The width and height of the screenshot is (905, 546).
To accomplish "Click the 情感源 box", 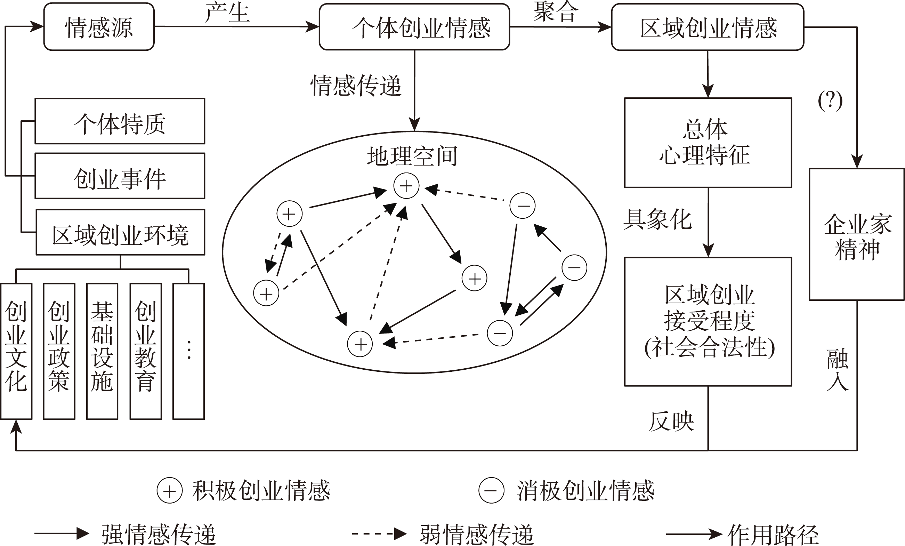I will (x=99, y=27).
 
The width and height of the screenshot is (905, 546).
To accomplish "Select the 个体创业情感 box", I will (x=414, y=27).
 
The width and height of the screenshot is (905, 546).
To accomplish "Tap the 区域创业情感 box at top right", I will (x=708, y=27).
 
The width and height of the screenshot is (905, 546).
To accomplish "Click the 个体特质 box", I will (x=120, y=121).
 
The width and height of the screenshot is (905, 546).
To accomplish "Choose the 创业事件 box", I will (x=120, y=176).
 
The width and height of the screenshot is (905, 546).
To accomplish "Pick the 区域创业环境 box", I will (x=121, y=233).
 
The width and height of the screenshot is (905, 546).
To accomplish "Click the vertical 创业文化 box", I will (x=16, y=351).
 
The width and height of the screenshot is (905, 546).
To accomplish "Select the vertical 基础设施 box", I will (x=102, y=351).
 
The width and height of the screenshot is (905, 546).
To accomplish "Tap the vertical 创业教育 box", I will (x=145, y=351).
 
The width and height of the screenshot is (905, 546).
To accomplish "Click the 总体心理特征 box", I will (x=708, y=143).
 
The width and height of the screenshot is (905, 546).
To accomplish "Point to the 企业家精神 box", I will (x=857, y=234).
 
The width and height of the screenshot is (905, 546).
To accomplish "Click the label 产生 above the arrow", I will (x=227, y=12).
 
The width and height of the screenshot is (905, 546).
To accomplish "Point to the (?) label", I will (x=830, y=100).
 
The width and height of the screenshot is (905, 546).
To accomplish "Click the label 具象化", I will (x=657, y=219).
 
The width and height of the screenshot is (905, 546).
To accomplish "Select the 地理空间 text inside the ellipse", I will (x=412, y=156).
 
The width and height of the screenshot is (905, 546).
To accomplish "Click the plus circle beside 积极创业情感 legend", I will (x=169, y=490).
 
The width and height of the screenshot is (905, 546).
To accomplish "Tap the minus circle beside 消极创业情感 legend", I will (x=491, y=490).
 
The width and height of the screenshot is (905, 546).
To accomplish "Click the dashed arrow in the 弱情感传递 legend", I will (x=378, y=533).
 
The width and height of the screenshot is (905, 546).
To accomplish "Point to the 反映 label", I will (x=671, y=421).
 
